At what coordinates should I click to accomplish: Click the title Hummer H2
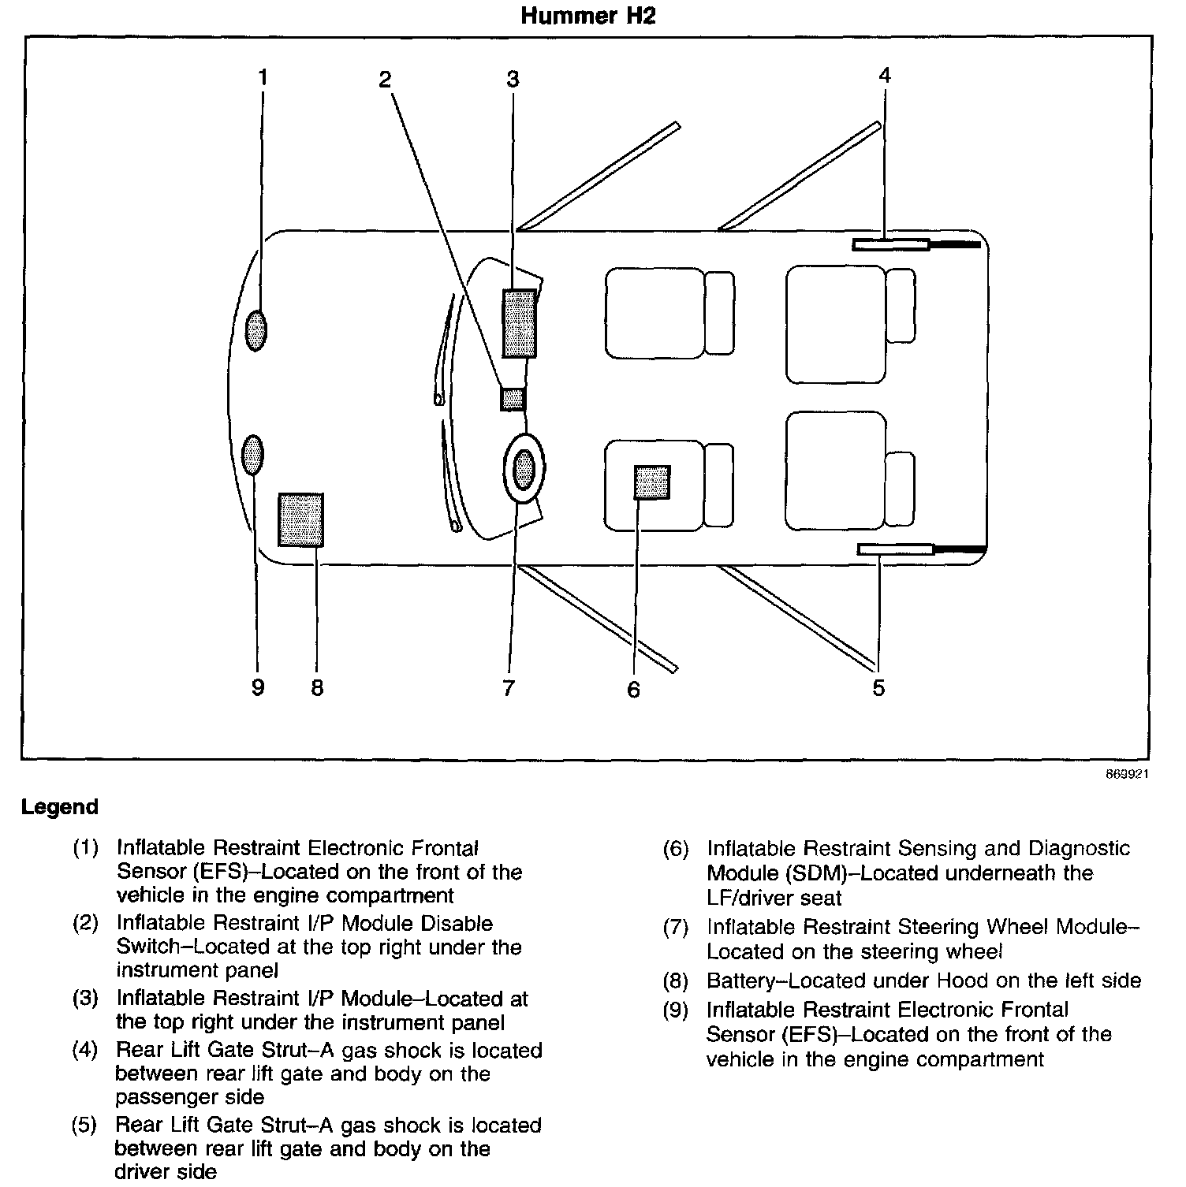(x=587, y=17)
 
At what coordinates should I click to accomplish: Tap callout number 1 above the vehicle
(x=263, y=77)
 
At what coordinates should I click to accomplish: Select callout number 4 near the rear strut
(x=884, y=75)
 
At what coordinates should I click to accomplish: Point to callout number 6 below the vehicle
(x=634, y=690)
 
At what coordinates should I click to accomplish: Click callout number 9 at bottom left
(x=258, y=688)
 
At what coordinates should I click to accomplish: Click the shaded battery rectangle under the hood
(x=300, y=519)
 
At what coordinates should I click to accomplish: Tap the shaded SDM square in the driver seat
(x=652, y=482)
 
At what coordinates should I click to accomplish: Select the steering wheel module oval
(x=524, y=470)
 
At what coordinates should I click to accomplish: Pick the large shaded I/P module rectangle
(x=520, y=324)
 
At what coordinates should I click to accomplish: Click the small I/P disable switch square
(x=513, y=399)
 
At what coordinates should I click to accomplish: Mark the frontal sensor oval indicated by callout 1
(x=255, y=330)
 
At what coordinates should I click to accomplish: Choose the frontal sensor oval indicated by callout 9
(x=252, y=456)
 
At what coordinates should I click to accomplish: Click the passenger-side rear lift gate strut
(x=891, y=245)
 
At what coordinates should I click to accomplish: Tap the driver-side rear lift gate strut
(x=896, y=549)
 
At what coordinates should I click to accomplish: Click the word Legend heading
(x=60, y=807)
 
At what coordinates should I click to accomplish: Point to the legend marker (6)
(x=676, y=849)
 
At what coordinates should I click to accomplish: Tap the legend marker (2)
(x=85, y=923)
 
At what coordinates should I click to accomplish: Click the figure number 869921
(x=1126, y=774)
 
